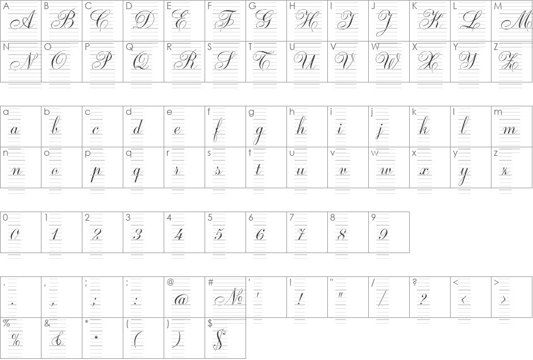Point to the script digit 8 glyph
(342, 234)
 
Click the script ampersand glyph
(57, 339)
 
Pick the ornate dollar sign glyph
(219, 339)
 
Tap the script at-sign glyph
(181, 300)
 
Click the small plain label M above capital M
(498, 6)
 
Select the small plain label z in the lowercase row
(495, 153)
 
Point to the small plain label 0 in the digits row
(5, 218)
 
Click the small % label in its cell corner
(6, 323)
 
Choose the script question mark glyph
(423, 299)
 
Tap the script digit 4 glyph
(179, 234)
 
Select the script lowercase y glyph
(464, 175)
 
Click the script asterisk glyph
(96, 338)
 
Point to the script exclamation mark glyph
(300, 299)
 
